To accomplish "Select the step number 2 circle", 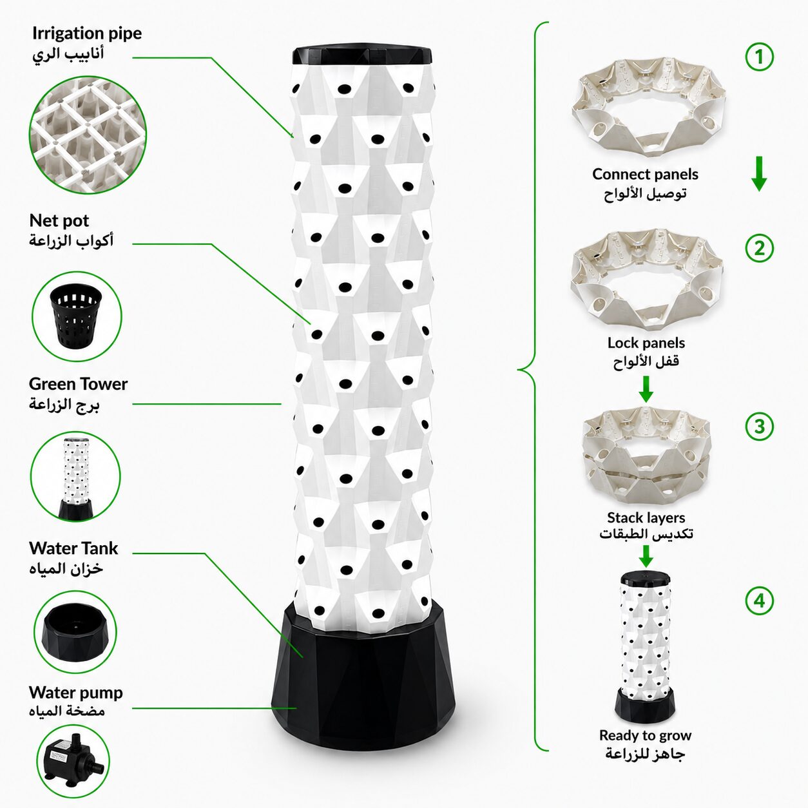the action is pos(759,248).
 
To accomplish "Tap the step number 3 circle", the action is pos(759,427).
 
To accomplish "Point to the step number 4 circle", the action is pos(759,601).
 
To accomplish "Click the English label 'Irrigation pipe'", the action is pos(87,34).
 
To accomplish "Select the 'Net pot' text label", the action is pos(59,220).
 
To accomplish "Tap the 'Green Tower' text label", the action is pos(78,383).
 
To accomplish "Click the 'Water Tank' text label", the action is pos(73,548).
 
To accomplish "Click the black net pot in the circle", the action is pos(76,316).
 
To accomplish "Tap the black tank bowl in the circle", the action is pos(74,631).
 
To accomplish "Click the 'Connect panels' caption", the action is pos(645,174).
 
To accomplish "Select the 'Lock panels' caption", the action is pos(646,343).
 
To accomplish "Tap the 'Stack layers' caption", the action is pos(646,518).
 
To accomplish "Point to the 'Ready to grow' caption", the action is pos(645,735).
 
